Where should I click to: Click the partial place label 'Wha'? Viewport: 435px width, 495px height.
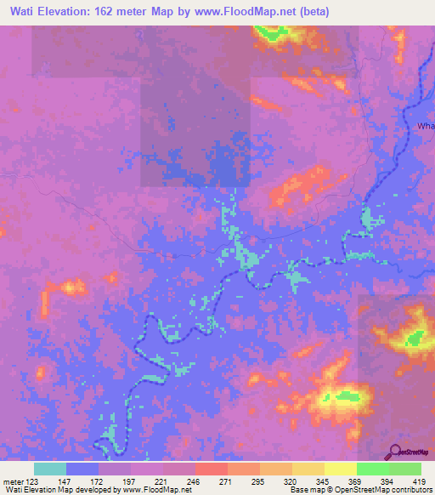coord(426,126)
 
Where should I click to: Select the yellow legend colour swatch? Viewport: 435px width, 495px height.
coord(341,469)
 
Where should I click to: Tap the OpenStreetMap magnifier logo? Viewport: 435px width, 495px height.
coord(394,452)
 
